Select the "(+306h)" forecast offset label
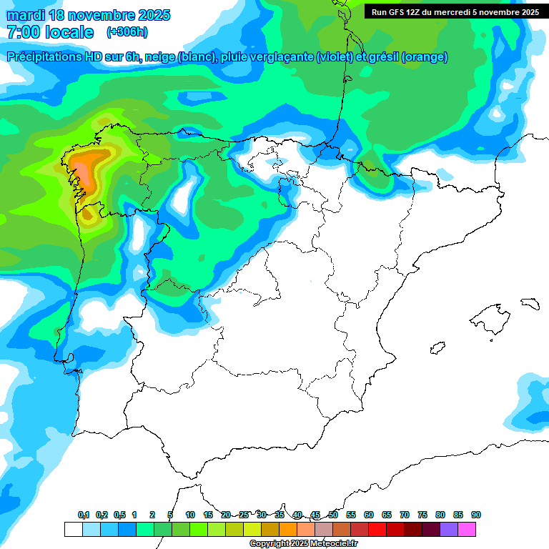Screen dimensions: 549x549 (127, 32)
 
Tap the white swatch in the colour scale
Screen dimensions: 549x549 (73, 530)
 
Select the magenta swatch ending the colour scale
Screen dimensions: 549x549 (468, 530)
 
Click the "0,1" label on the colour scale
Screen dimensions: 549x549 (84, 515)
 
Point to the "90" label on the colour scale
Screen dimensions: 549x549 (476, 515)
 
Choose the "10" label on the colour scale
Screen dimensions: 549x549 (190, 515)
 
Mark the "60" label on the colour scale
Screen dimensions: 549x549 (369, 515)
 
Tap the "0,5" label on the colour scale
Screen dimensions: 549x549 (119, 515)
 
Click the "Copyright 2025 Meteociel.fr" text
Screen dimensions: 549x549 (304, 544)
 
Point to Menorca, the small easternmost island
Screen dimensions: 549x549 (530, 303)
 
